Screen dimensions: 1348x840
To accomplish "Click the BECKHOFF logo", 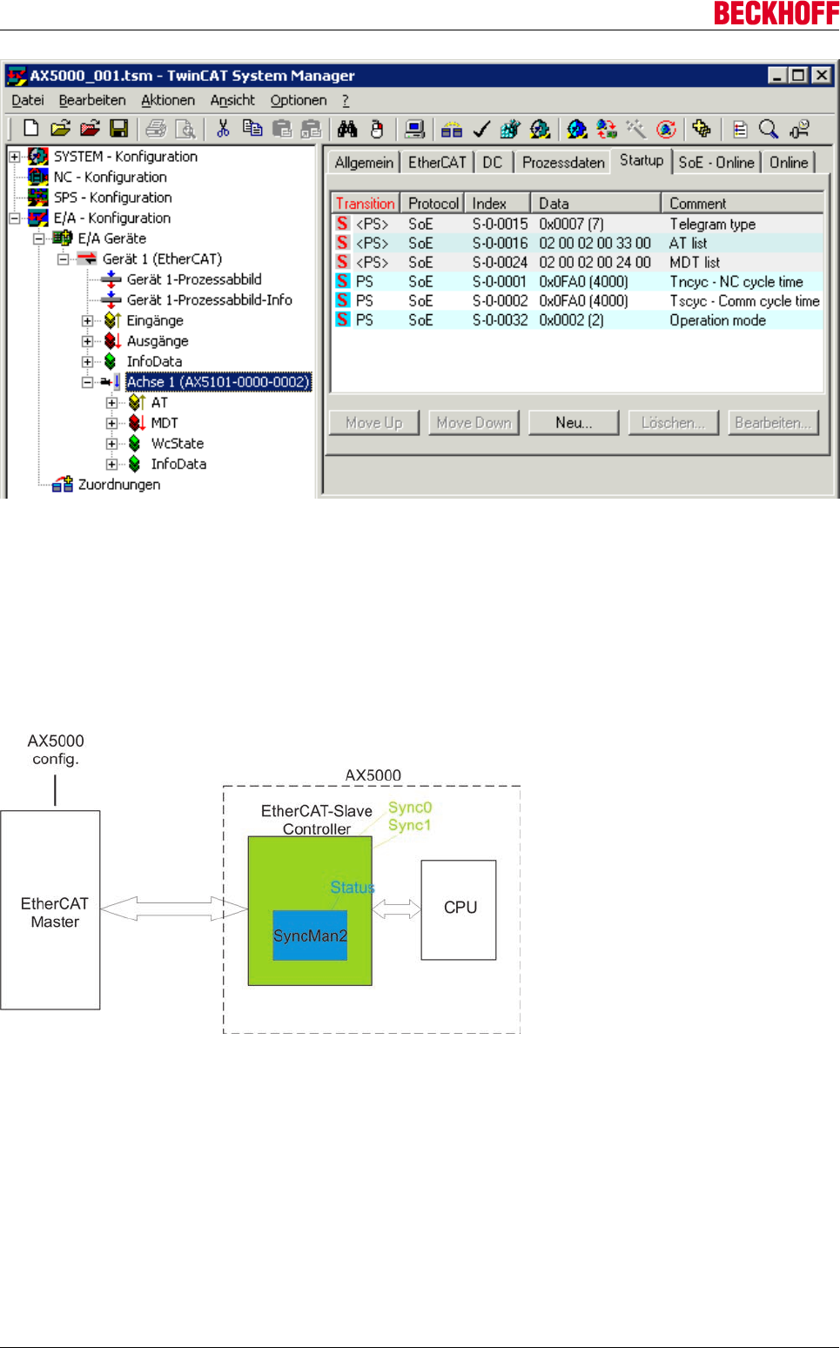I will [x=776, y=13].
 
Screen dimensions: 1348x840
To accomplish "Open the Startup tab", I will [x=642, y=160].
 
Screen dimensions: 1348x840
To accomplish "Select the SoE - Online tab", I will [x=716, y=163].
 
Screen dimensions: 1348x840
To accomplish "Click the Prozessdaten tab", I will [x=563, y=163].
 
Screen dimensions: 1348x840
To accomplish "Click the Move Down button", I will [x=474, y=423].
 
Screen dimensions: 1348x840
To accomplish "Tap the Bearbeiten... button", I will [x=772, y=423].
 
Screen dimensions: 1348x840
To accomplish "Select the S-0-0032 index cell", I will [x=500, y=320].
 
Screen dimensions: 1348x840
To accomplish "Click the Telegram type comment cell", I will [x=712, y=225].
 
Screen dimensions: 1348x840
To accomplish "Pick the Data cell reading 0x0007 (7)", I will [x=571, y=225].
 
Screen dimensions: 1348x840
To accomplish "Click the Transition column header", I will [x=365, y=204].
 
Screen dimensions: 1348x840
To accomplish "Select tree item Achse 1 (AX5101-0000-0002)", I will [x=218, y=382].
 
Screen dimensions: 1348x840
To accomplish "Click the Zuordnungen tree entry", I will [x=119, y=485].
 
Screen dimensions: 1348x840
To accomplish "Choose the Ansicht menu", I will [x=232, y=100].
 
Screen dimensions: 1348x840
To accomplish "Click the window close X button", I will [x=821, y=76].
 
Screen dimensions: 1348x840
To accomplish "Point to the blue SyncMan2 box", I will [x=310, y=936].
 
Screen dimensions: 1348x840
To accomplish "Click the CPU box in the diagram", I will [x=460, y=909].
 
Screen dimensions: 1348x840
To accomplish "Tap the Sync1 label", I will [x=409, y=826].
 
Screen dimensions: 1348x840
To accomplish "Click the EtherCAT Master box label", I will [x=54, y=913].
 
